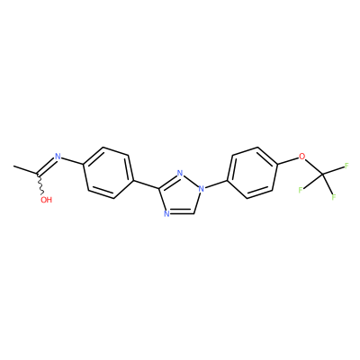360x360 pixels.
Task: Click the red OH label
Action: coord(46,200)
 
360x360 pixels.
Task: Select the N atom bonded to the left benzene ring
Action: coord(58,157)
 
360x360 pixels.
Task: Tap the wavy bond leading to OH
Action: coord(40,184)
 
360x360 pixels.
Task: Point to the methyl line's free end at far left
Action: coord(13,166)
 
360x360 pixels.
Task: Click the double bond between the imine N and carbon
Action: coord(46,166)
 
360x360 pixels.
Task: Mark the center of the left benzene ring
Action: coord(108,173)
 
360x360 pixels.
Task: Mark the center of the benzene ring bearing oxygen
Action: coord(253,173)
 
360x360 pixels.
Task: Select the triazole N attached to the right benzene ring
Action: coord(202,189)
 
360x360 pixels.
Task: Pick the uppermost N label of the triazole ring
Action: coord(180,173)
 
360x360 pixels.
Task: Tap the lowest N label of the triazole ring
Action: coord(166,213)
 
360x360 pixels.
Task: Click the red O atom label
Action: coord(302,157)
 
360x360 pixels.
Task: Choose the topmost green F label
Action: coord(346,166)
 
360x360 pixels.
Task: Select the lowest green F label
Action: coord(334,197)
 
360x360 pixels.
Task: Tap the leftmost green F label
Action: coord(301,190)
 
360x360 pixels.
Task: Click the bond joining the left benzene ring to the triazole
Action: coord(147,184)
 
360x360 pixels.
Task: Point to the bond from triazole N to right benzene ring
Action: coord(216,184)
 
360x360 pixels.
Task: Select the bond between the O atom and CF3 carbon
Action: coord(314,166)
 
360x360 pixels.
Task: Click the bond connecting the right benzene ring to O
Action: coord(288,160)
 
